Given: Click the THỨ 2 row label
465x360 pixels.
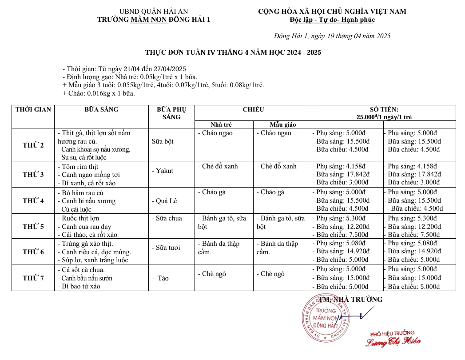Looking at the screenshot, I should point(33,145).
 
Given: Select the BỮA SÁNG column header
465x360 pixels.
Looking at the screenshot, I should point(101,109).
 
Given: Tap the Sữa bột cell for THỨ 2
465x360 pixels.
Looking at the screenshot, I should point(163,141).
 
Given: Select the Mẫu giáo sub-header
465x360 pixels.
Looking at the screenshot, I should point(282,124).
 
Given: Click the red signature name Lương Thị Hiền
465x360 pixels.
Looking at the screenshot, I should point(393,342).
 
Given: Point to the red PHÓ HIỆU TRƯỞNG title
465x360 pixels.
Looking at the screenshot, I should point(392,332).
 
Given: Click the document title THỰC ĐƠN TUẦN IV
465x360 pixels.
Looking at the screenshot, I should point(233,52).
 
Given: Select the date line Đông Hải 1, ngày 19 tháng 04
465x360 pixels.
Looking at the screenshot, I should point(332,36).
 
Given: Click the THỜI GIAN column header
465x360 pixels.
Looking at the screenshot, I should point(33,109).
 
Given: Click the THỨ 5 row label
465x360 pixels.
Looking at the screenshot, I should point(33,226).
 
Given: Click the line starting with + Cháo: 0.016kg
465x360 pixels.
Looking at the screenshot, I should point(99,93).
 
